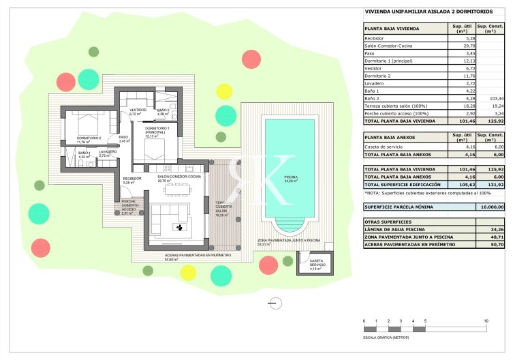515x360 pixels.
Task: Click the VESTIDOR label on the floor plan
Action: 138,110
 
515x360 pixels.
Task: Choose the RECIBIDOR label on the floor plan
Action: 131,179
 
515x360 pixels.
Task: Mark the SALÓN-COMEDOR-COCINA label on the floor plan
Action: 179,177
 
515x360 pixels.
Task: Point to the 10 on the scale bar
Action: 486,320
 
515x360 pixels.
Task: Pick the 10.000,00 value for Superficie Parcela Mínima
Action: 492,207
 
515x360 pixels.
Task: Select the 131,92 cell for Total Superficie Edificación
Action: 493,185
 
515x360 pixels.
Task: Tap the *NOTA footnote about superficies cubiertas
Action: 414,194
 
